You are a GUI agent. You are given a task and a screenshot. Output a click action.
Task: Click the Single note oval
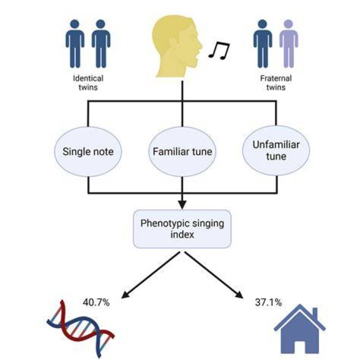tap(88, 151)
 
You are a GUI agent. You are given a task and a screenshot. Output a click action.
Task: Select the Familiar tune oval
tap(182, 151)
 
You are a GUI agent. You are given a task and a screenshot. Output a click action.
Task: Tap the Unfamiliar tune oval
tap(276, 150)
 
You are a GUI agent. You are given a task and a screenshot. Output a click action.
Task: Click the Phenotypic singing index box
tap(182, 229)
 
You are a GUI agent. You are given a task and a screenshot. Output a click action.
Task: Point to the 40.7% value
tap(96, 302)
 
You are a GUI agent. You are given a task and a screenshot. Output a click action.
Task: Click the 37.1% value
tap(268, 302)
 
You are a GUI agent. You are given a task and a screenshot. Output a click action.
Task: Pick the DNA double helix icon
tap(81, 328)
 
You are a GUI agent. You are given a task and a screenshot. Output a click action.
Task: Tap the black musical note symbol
tap(219, 50)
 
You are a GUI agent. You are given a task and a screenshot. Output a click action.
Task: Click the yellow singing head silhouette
tap(177, 46)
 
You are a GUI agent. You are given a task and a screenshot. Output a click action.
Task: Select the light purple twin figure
tap(288, 43)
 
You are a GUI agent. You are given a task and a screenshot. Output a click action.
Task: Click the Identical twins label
tap(88, 82)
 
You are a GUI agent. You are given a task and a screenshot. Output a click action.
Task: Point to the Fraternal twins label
tap(276, 82)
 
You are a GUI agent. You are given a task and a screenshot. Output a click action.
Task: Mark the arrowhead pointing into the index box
tap(182, 205)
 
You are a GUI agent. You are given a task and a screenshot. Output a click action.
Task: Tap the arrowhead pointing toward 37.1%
tap(239, 295)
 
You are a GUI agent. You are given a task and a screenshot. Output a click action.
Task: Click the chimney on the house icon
tap(315, 312)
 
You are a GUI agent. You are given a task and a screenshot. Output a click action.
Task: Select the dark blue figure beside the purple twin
tap(262, 43)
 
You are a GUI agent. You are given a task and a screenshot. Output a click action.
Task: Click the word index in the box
tap(182, 234)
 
